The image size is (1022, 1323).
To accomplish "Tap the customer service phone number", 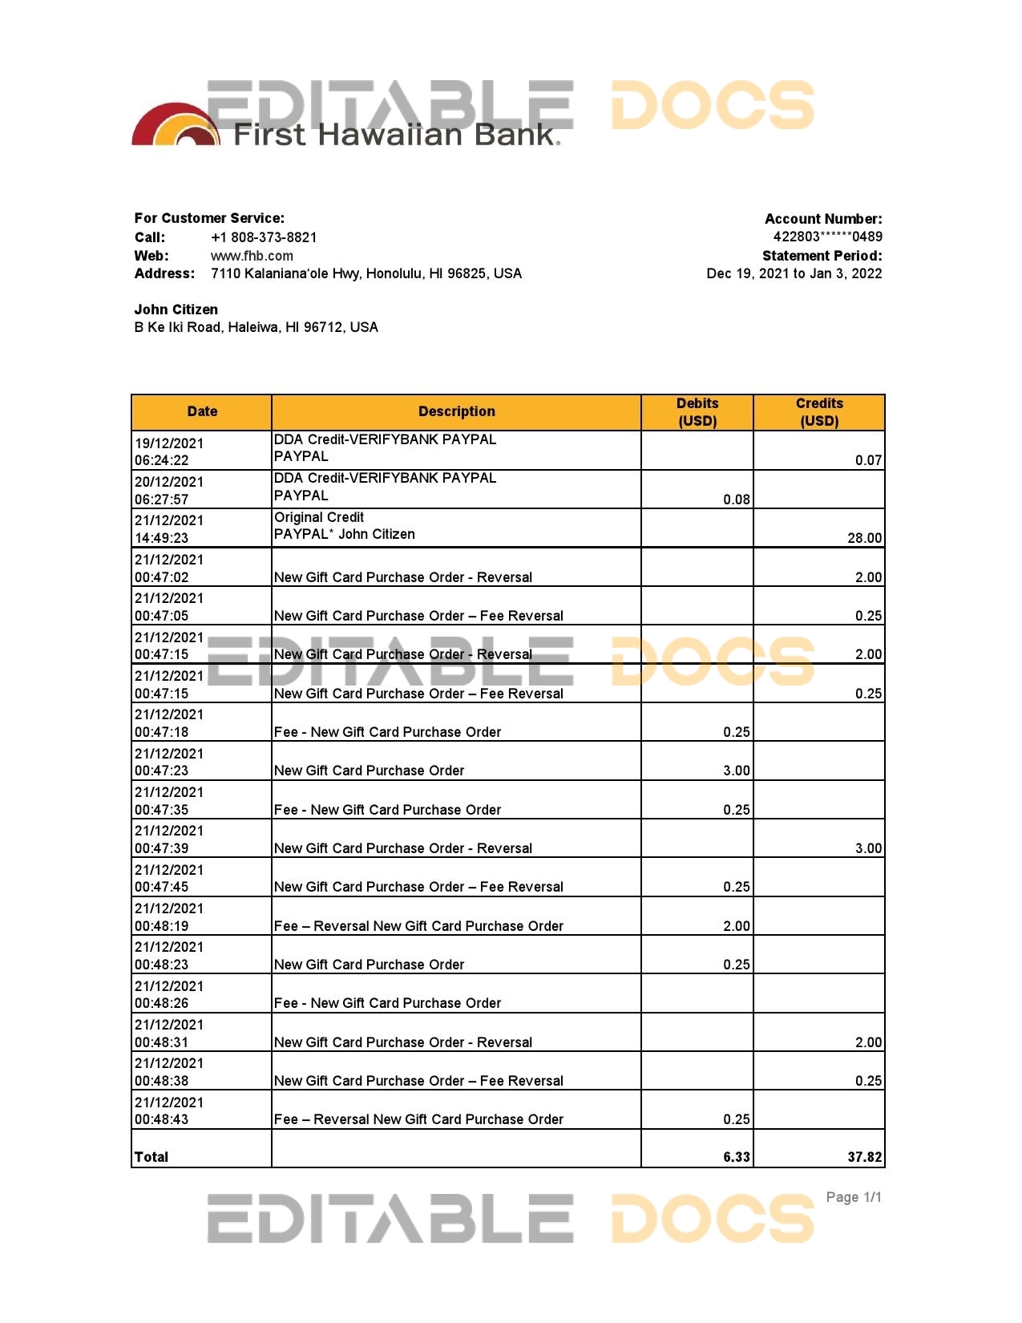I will click(x=264, y=237).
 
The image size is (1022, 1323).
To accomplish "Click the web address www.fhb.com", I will click(x=252, y=256).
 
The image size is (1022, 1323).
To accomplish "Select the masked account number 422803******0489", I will click(x=827, y=237).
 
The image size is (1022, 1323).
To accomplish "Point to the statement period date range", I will click(x=794, y=273).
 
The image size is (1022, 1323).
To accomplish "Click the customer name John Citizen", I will click(x=176, y=310).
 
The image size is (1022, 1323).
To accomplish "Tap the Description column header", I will click(x=456, y=411).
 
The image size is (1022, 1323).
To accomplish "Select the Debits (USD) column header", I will click(x=697, y=412).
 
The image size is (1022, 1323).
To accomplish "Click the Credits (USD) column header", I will click(x=819, y=412).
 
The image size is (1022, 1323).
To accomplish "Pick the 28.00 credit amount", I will click(x=864, y=538).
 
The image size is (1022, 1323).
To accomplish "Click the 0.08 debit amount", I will click(x=736, y=500).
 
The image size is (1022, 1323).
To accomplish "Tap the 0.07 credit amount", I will click(x=868, y=460).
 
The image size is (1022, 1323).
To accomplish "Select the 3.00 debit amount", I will click(x=736, y=771).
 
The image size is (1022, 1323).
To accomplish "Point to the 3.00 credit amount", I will click(x=868, y=848).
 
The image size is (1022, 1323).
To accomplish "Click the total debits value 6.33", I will click(x=736, y=1157).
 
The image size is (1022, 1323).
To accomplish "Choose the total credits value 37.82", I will click(x=864, y=1157).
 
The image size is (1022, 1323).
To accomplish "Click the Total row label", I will click(x=151, y=1157).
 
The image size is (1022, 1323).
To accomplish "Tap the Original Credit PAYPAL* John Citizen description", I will click(x=345, y=526).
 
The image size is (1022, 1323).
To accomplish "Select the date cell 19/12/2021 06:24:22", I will click(x=169, y=451).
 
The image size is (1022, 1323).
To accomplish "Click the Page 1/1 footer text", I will click(x=854, y=1197).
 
